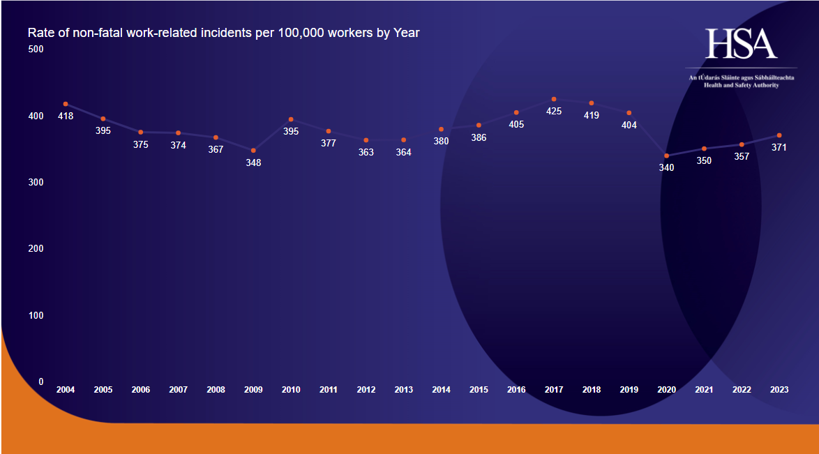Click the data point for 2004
[66, 104]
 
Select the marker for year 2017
[554, 99]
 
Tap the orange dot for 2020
[666, 156]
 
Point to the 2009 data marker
[253, 150]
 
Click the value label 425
[554, 111]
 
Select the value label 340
[666, 167]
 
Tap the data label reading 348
[253, 162]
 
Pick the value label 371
[779, 147]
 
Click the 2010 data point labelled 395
[291, 119]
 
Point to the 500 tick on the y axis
[36, 49]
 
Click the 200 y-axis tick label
[36, 248]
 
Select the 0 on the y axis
[40, 381]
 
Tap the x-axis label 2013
[403, 390]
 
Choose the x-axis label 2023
[779, 390]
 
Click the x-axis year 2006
[141, 390]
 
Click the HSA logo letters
[741, 44]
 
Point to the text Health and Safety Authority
[741, 85]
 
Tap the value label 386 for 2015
[479, 137]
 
